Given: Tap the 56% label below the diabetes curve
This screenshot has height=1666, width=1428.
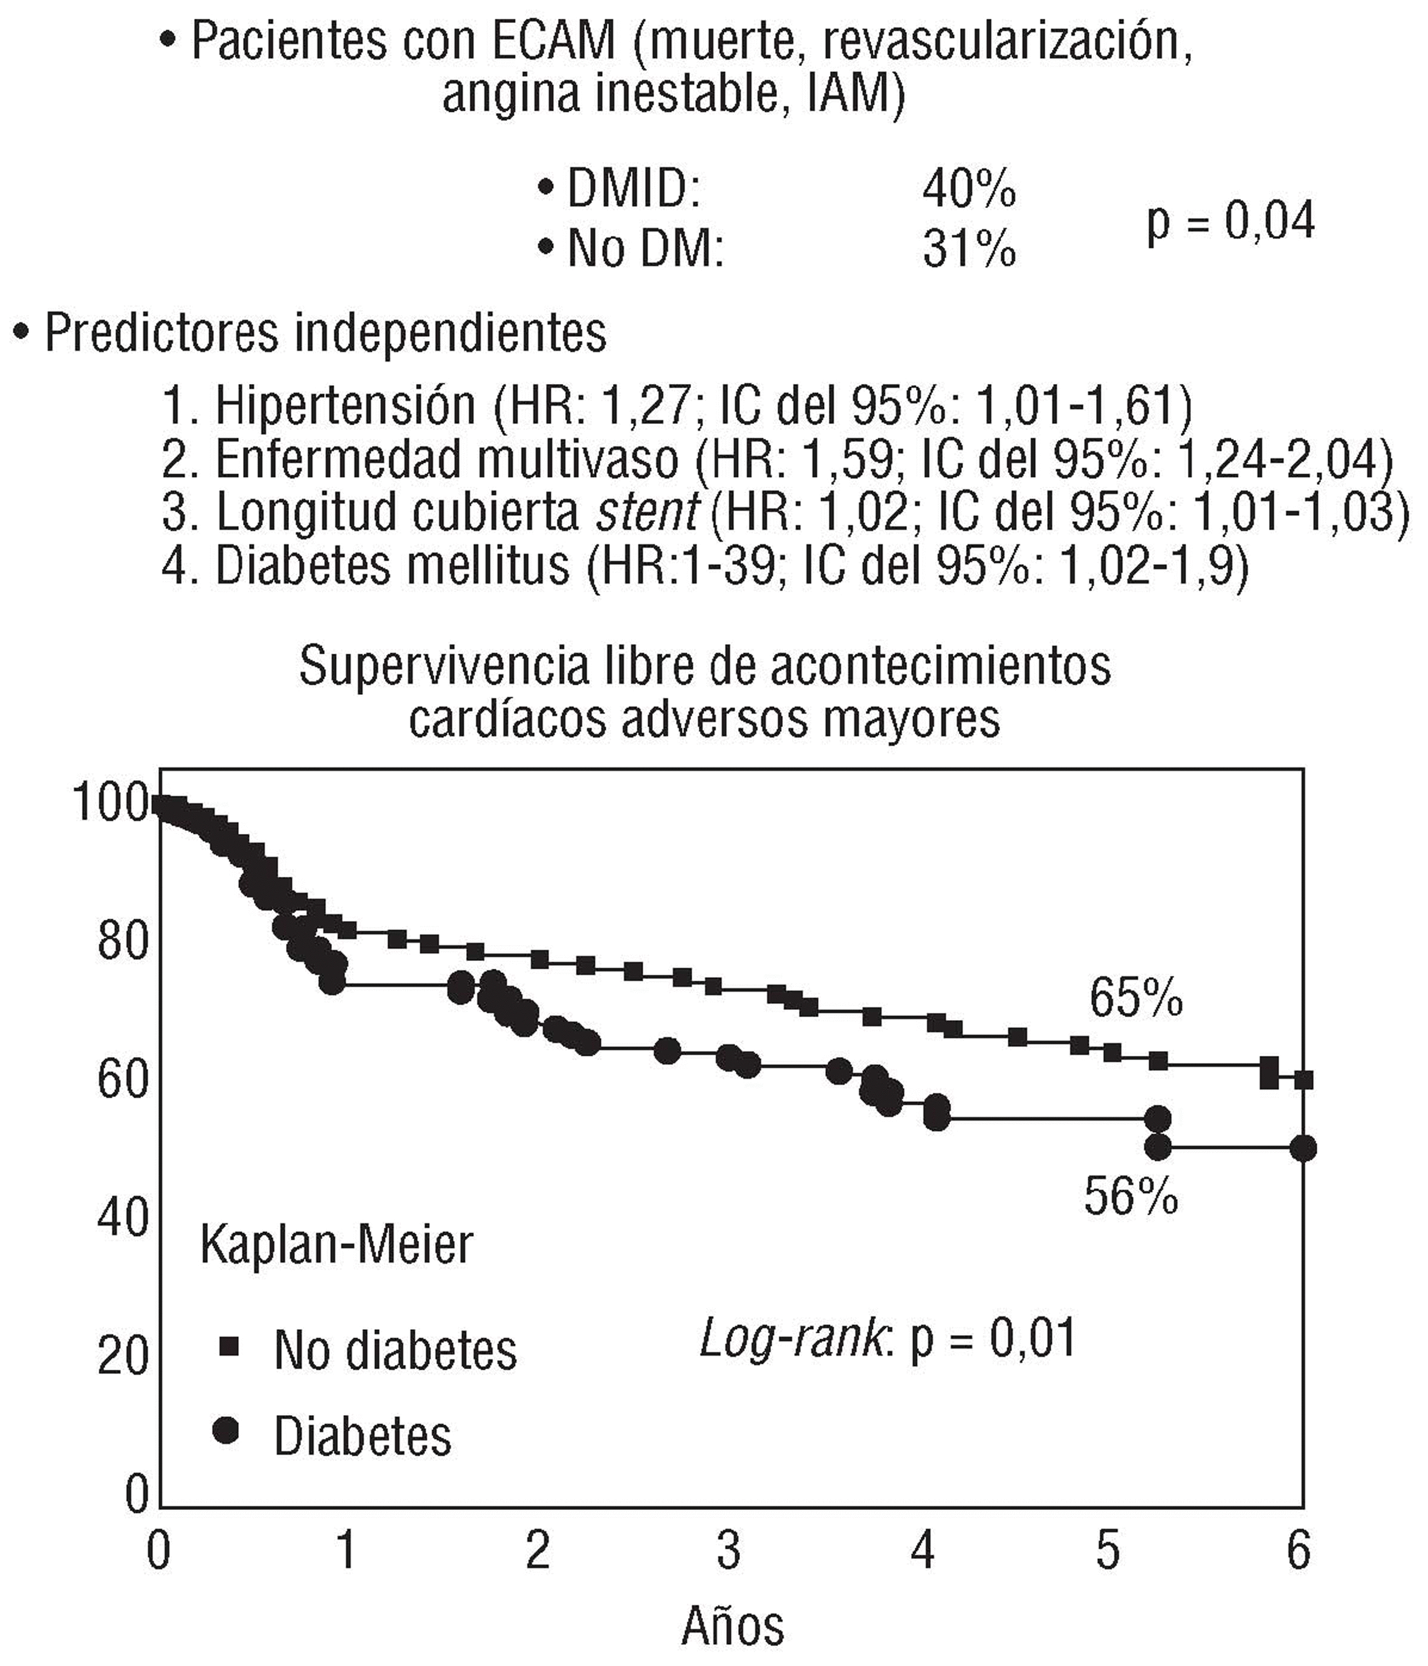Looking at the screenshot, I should pyautogui.click(x=1131, y=1196).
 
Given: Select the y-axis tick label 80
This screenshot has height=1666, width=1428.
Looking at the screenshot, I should pyautogui.click(x=123, y=941).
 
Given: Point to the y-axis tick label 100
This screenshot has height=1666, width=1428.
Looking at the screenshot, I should pyautogui.click(x=112, y=803).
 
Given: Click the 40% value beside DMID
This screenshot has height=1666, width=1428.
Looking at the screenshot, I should pyautogui.click(x=969, y=190).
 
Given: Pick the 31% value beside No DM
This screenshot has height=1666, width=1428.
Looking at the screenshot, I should pyautogui.click(x=969, y=249).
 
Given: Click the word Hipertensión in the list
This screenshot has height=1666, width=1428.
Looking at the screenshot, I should pyautogui.click(x=346, y=406).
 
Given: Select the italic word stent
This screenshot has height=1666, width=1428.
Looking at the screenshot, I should pyautogui.click(x=647, y=512).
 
